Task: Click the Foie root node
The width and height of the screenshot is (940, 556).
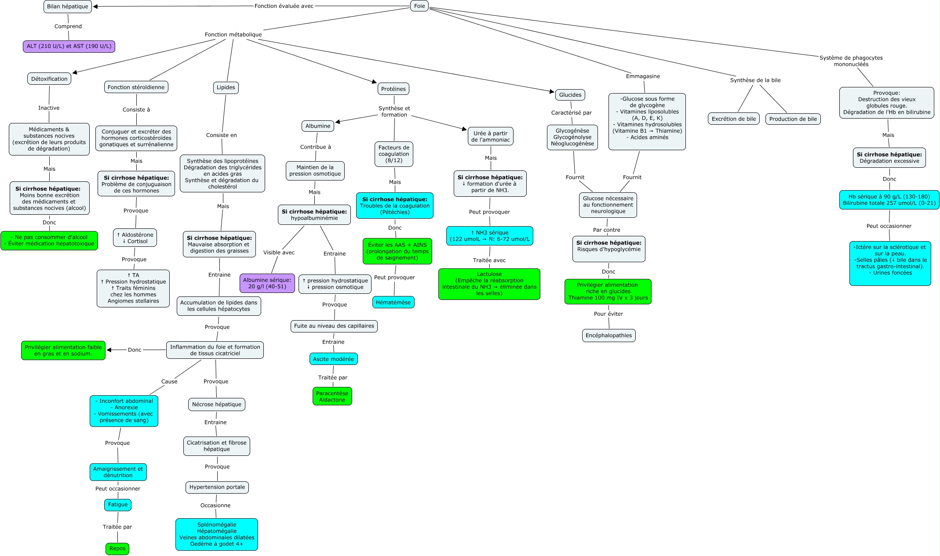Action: [x=419, y=6]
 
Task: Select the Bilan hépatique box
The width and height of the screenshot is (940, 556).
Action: [x=68, y=7]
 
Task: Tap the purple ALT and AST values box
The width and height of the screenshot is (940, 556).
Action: [x=69, y=46]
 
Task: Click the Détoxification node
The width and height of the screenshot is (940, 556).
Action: [x=49, y=79]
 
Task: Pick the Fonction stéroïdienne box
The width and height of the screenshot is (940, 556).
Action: [x=136, y=87]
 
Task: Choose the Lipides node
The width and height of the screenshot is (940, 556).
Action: [x=226, y=87]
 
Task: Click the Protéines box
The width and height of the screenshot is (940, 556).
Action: [x=393, y=89]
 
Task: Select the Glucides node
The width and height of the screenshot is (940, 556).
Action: [x=570, y=95]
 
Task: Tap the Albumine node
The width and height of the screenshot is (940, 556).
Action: [x=318, y=126]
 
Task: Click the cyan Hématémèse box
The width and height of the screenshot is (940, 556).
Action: [x=393, y=302]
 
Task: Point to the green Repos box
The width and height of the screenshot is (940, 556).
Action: [x=117, y=549]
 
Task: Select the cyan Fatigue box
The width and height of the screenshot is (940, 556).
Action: [x=118, y=505]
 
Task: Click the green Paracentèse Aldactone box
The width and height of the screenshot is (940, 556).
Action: [x=332, y=397]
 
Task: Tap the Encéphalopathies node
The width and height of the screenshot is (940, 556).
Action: [x=608, y=336]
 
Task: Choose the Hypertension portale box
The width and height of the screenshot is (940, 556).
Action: [x=217, y=487]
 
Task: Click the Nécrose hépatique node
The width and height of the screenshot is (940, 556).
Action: [x=217, y=404]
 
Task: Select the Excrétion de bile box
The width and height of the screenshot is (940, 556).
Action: [x=734, y=119]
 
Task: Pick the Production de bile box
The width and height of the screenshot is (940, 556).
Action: [x=793, y=119]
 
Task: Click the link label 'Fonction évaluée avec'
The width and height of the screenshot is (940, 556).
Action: [x=284, y=6]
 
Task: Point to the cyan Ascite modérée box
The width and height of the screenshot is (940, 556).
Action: [x=333, y=359]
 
